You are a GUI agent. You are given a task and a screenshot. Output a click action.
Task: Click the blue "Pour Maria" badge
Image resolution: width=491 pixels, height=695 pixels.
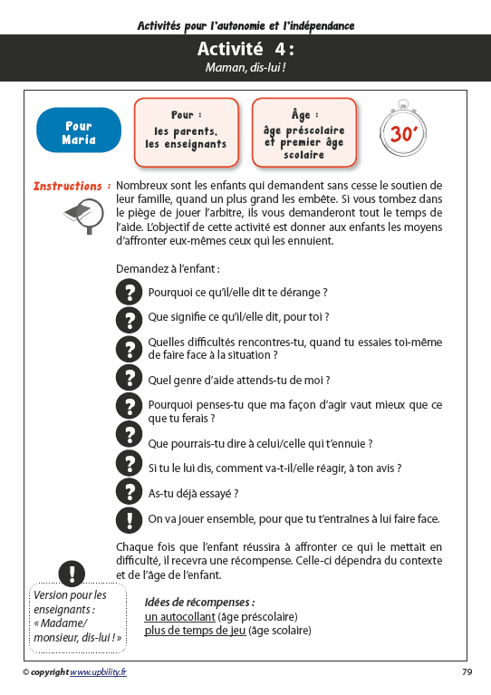[79, 132]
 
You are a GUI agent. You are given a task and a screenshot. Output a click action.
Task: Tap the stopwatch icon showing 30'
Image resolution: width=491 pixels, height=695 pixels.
[400, 132]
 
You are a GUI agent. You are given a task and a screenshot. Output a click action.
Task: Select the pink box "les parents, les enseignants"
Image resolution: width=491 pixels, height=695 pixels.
[185, 132]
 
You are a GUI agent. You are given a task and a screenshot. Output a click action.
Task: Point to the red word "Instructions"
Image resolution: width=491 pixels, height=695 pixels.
[67, 186]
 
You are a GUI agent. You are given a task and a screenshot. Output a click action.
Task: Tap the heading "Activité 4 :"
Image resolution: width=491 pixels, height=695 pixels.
[245, 49]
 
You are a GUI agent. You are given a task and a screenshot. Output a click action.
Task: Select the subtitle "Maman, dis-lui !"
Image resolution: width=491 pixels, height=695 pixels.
[245, 67]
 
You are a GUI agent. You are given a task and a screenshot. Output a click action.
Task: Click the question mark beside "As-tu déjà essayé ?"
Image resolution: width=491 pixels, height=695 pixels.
[130, 492]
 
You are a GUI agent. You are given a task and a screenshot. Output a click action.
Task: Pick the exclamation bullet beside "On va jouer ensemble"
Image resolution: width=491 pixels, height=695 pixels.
[130, 519]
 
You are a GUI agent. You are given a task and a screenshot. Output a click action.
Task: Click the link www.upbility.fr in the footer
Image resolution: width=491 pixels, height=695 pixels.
[98, 671]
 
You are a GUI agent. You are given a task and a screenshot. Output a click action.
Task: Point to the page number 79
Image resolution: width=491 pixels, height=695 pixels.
[467, 671]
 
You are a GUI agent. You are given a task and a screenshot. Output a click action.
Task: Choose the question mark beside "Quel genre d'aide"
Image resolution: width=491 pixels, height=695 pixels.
[130, 379]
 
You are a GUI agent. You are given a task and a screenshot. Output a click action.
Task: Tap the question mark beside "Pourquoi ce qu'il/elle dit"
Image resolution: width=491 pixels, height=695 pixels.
[130, 292]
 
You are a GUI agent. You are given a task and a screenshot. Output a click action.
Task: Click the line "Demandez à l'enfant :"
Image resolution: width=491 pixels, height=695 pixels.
[168, 269]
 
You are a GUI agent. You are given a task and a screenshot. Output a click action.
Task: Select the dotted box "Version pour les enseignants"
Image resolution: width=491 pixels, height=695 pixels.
[78, 616]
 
